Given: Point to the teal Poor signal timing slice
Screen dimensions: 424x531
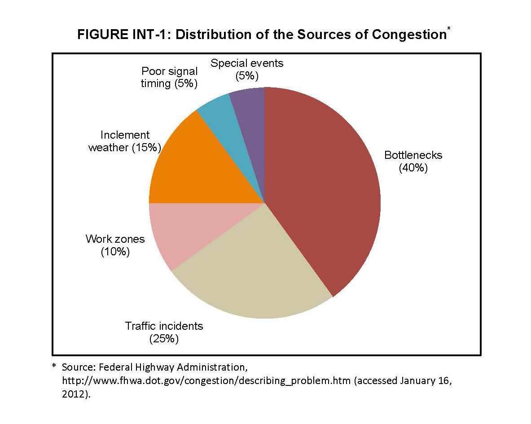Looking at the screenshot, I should [220, 117].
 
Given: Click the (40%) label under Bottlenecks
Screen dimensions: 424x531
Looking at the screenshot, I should [413, 168].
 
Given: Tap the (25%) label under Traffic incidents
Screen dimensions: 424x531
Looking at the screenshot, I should [164, 338].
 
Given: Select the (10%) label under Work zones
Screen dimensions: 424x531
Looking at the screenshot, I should [115, 252].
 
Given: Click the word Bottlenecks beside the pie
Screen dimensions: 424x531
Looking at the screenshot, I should [413, 155].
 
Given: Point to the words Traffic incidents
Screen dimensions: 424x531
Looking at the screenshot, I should [164, 326].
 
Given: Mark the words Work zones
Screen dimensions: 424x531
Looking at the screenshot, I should [115, 239].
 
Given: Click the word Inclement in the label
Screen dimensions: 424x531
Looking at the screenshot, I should [125, 135].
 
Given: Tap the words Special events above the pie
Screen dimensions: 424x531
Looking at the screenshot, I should [247, 63].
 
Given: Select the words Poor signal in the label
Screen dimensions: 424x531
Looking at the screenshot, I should [169, 71].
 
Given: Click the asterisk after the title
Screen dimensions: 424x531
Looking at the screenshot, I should [448, 30].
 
